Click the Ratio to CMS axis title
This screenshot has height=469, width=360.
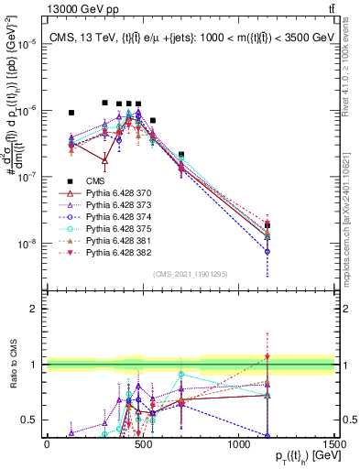[13, 365]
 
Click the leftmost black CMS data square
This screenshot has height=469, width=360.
[71, 113]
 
